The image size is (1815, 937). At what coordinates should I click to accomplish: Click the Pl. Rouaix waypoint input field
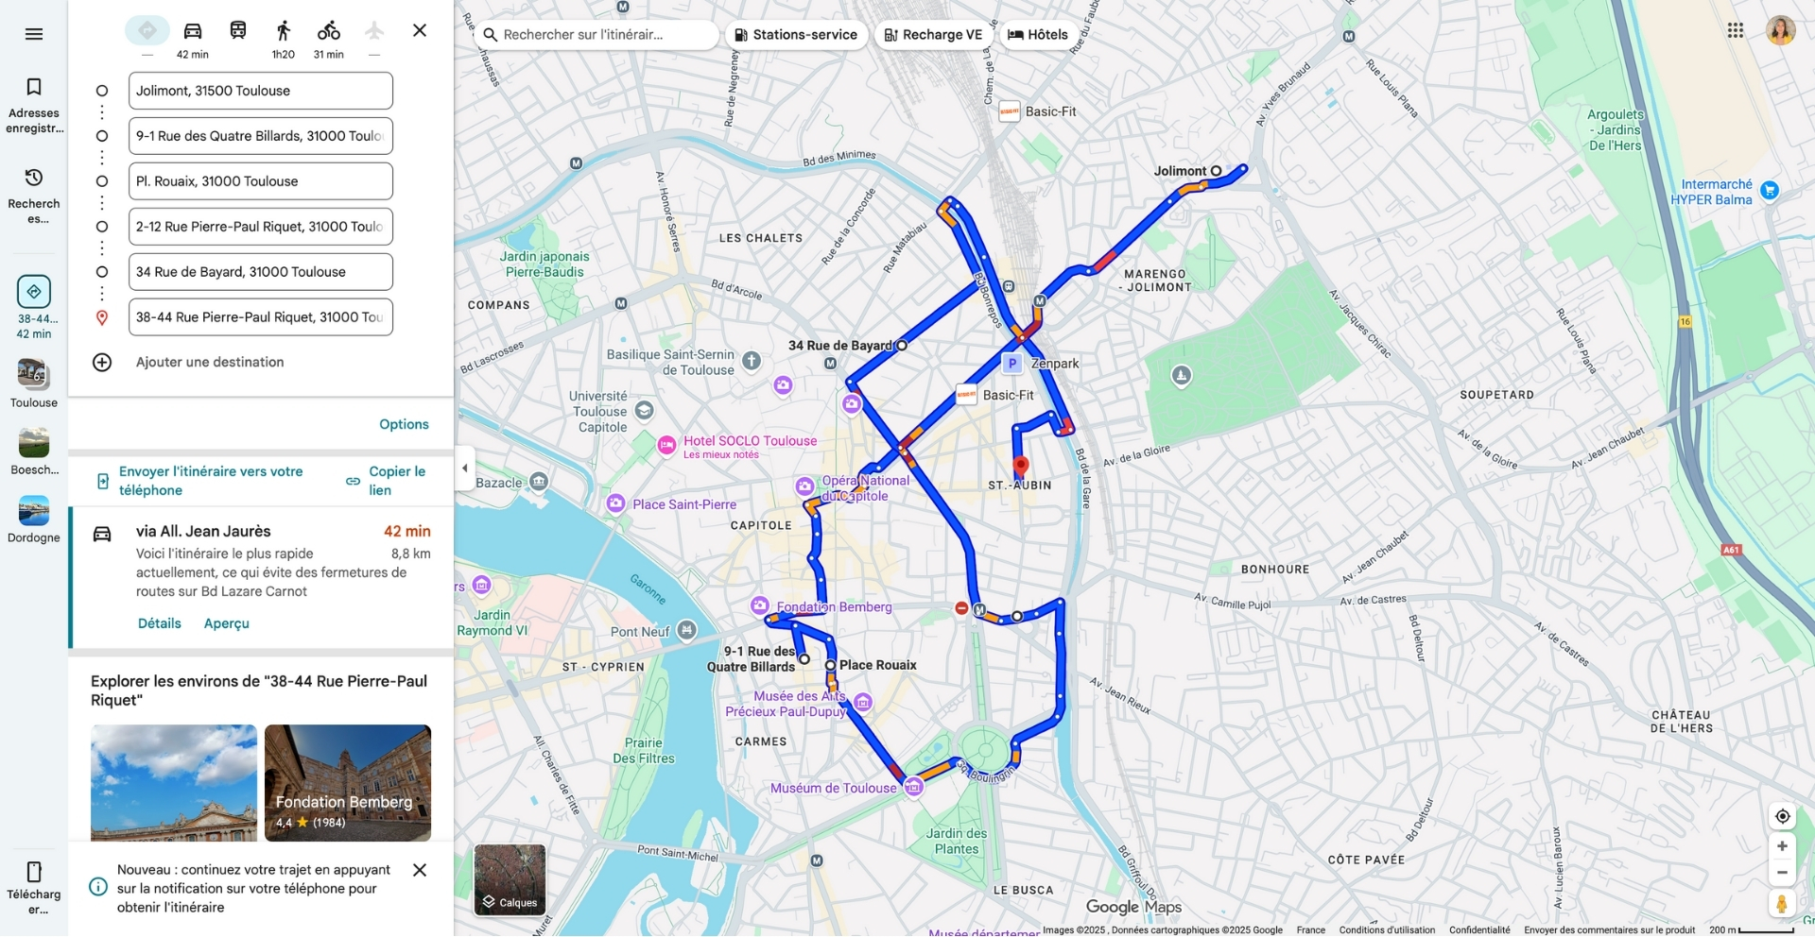260,181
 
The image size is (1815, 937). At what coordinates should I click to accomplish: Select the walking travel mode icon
283,31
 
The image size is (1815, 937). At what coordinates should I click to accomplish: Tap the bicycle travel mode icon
328,31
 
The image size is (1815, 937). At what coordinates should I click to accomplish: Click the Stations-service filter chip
796,35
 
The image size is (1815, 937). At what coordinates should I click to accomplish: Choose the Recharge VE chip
933,35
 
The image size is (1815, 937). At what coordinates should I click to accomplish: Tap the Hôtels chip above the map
1038,35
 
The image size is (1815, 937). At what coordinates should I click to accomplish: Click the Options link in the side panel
404,425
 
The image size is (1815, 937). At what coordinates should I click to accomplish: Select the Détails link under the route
159,623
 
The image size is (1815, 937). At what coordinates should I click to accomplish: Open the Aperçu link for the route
227,623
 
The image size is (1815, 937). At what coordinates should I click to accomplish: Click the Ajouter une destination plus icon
102,363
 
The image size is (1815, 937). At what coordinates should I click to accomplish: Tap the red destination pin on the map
1021,466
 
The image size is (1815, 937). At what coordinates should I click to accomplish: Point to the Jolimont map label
1180,171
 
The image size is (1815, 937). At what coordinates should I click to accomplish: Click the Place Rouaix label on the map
878,665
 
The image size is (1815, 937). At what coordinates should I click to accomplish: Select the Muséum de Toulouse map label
833,788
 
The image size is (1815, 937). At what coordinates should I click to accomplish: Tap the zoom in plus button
1782,846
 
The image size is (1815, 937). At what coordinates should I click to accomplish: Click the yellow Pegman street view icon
1782,903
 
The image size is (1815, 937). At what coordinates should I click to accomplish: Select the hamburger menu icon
34,34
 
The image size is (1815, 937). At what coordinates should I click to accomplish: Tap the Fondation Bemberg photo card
348,782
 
